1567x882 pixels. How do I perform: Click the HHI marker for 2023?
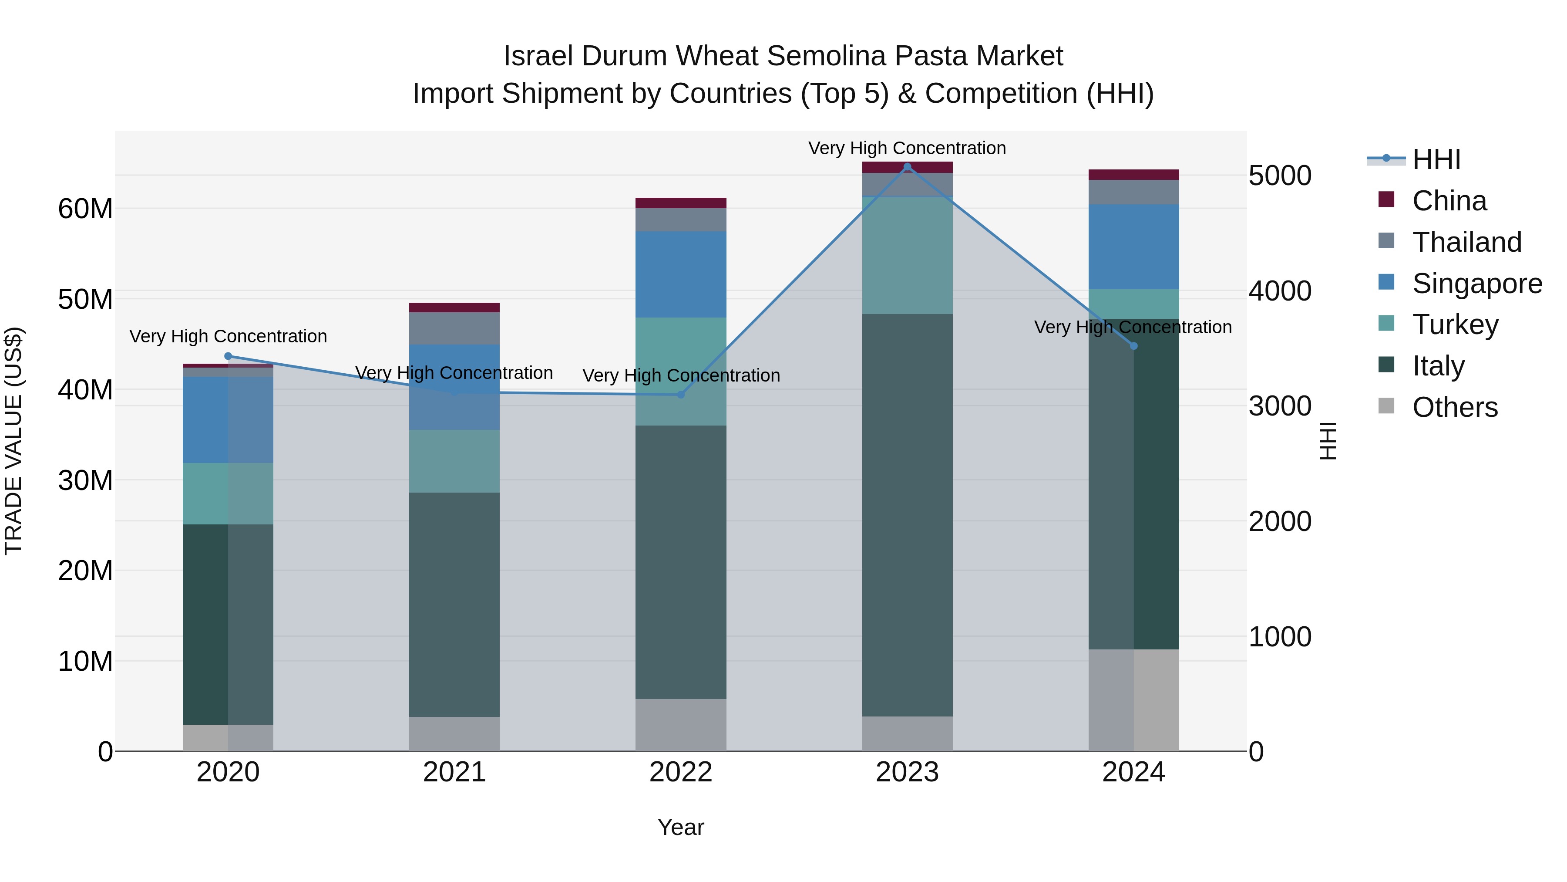[907, 167]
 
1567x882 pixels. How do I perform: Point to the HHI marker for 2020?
[228, 356]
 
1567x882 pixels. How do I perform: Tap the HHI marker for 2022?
[681, 395]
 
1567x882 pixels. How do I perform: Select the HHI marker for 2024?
[1133, 346]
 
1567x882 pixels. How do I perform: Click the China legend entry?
[1449, 201]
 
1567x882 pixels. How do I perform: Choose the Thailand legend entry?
[1466, 242]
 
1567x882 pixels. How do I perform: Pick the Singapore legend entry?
[1477, 284]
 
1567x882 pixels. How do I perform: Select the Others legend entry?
[1454, 407]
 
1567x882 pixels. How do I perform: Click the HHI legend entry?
[1436, 159]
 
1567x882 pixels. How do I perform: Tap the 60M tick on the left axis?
[85, 209]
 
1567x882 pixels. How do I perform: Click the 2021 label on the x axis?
[454, 772]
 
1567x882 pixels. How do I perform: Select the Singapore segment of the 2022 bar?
[681, 274]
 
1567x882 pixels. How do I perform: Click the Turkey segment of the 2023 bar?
[907, 255]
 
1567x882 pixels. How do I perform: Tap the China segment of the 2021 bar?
[454, 308]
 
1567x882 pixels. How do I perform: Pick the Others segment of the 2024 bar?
[1133, 700]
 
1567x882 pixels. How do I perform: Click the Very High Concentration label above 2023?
[907, 148]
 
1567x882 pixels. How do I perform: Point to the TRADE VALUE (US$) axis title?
[13, 441]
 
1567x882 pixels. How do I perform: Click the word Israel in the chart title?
[538, 56]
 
